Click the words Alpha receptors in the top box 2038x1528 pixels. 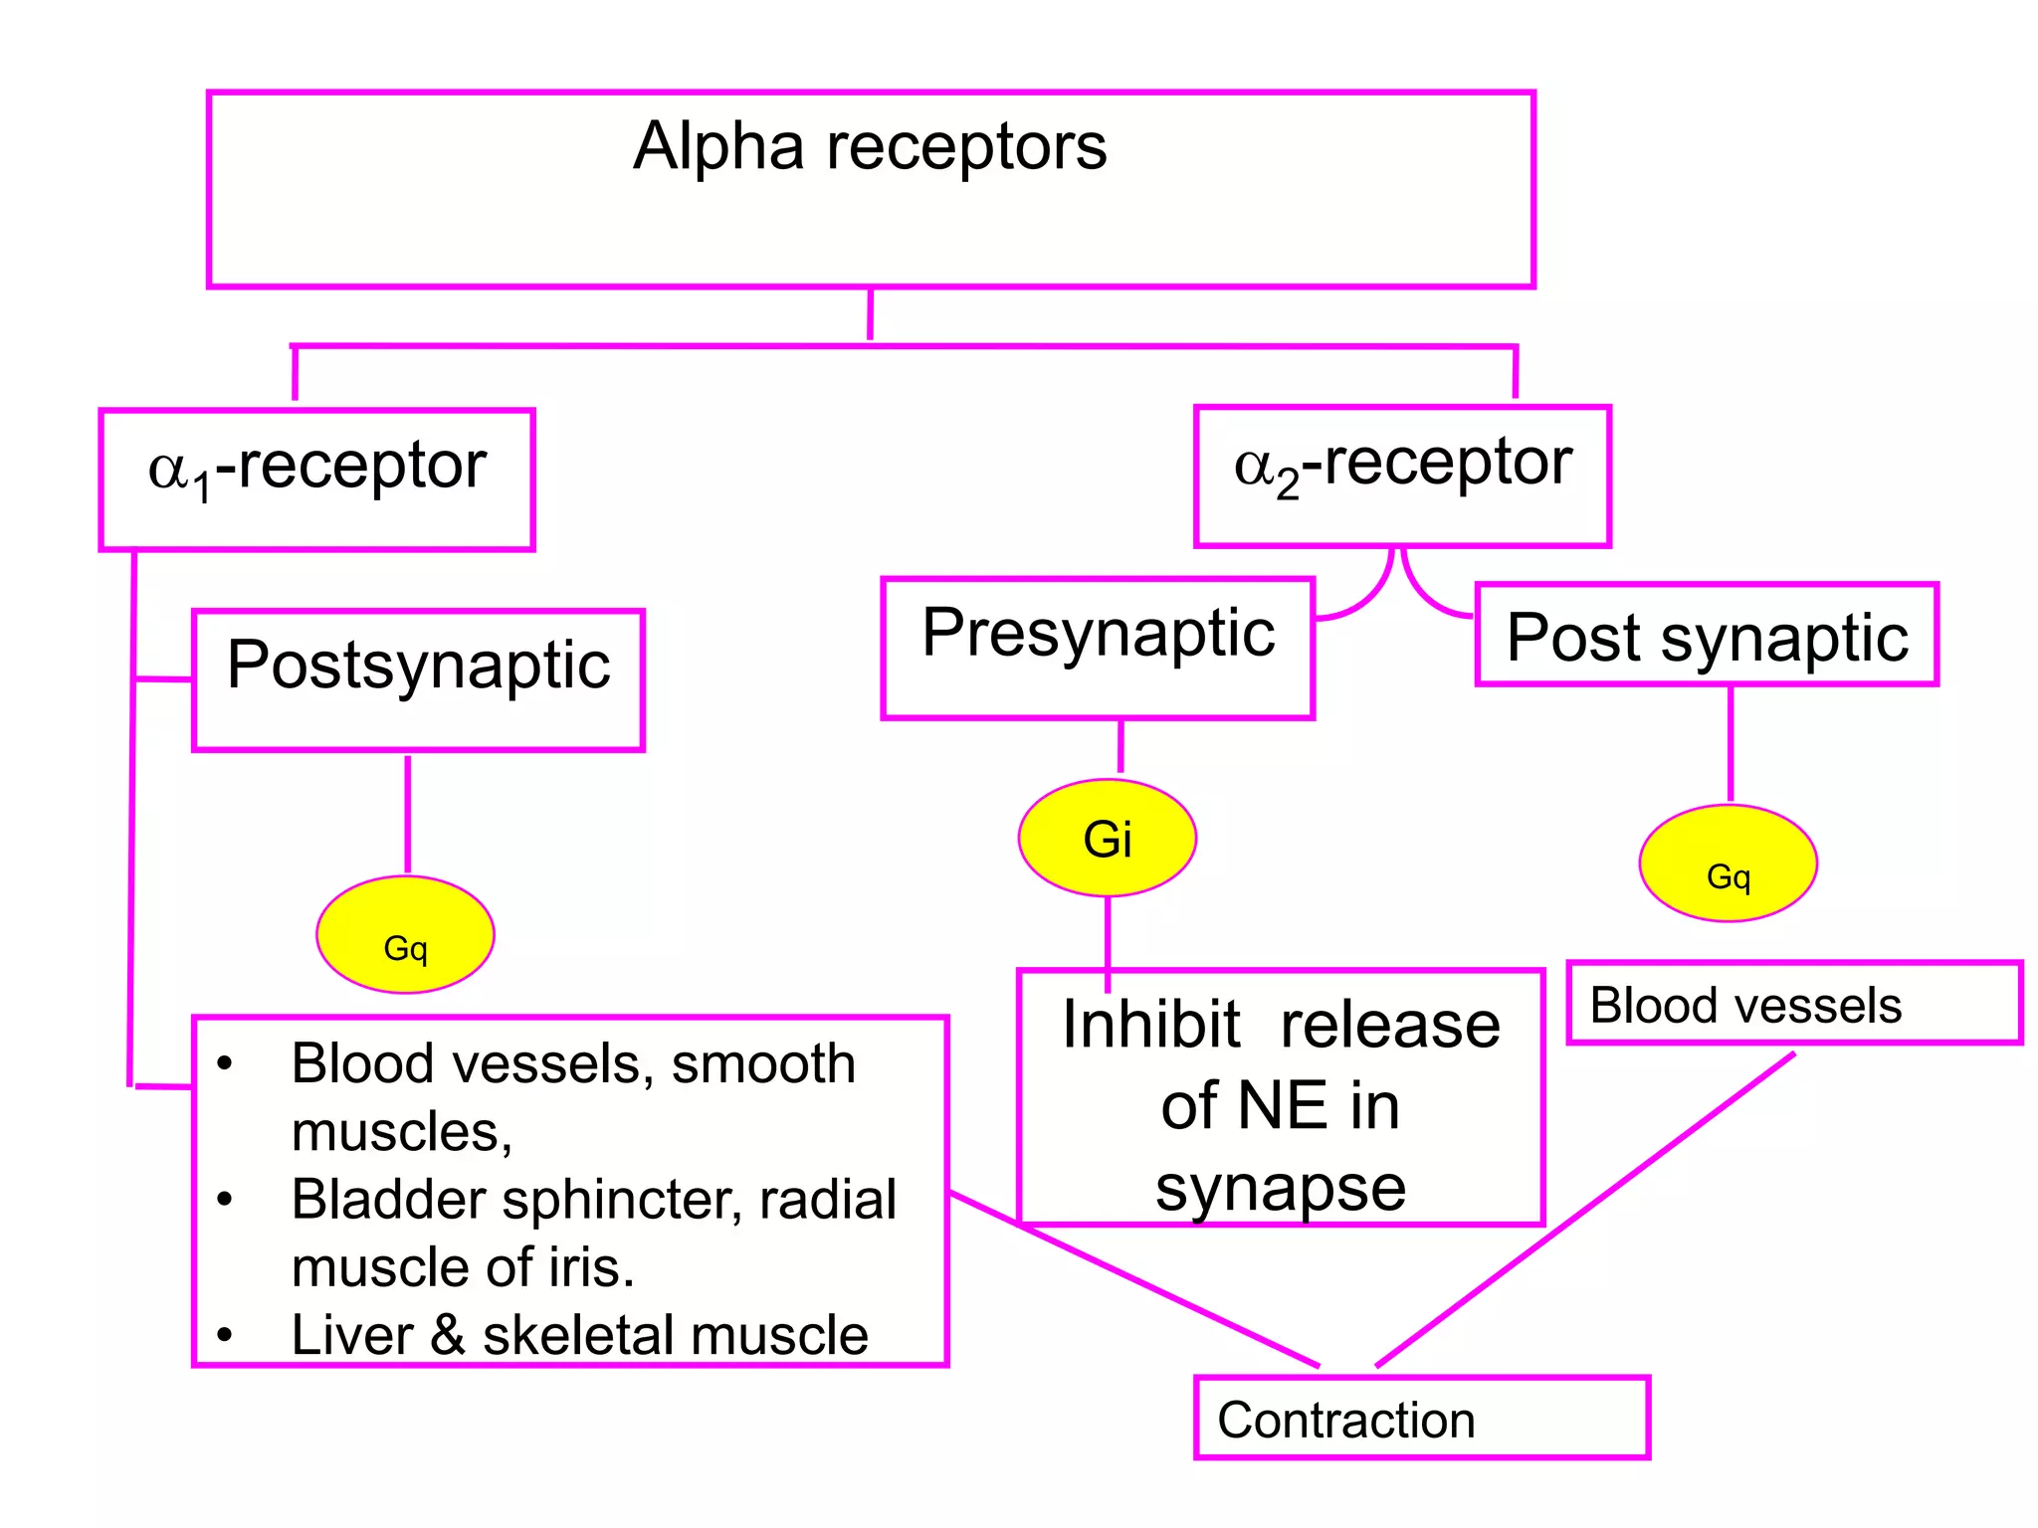[x=870, y=147]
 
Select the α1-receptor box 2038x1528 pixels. [x=316, y=478]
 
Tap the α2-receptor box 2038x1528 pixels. [x=1402, y=476]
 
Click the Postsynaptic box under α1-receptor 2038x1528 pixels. [x=418, y=679]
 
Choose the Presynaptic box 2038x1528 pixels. [x=1098, y=647]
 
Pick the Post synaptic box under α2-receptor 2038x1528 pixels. [x=1707, y=635]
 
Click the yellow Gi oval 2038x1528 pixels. [x=1107, y=838]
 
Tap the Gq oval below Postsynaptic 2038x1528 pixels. [x=405, y=934]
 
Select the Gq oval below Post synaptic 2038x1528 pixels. [x=1728, y=862]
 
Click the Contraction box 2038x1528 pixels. [x=1421, y=1418]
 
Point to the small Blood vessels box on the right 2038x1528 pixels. [x=1794, y=1003]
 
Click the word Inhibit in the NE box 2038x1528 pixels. [x=1150, y=1025]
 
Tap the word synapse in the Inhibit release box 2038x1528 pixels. [x=1281, y=1188]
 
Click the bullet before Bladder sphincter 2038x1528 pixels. [x=225, y=1201]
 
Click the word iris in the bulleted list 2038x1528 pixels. [x=589, y=1267]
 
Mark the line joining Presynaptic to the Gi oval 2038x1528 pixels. [x=1121, y=746]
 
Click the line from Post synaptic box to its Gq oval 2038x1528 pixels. [x=1731, y=743]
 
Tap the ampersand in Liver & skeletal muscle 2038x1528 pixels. [x=448, y=1335]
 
